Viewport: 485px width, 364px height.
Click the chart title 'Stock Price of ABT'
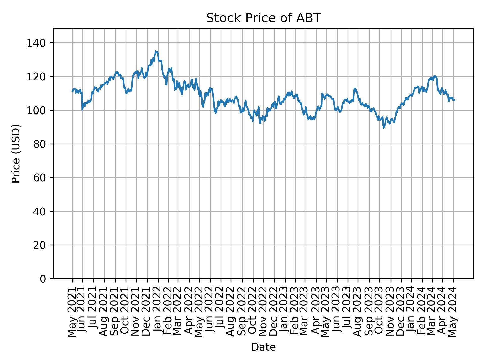263,18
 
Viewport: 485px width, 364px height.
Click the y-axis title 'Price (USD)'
16,153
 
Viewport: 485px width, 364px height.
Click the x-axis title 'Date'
263,347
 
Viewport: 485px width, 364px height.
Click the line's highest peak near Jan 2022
156,51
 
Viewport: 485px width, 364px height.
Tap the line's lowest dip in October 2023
384,128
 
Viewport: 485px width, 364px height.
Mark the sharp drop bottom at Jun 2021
82,109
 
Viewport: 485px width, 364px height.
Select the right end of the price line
455,100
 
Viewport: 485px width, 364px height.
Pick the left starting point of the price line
72,91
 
